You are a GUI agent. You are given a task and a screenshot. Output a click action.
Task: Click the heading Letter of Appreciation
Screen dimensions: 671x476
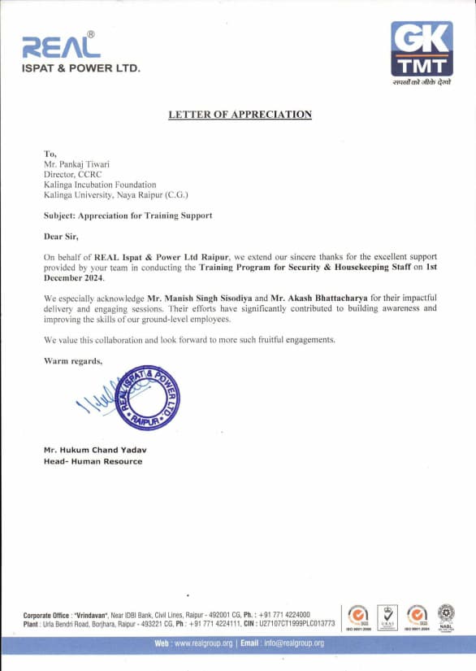pyautogui.click(x=240, y=115)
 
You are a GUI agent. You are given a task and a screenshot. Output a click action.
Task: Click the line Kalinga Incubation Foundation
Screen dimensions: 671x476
pyautogui.click(x=99, y=185)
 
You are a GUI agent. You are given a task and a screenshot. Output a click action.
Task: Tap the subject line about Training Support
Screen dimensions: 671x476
pyautogui.click(x=128, y=216)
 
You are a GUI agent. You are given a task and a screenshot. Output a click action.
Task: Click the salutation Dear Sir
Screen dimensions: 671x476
pyautogui.click(x=61, y=236)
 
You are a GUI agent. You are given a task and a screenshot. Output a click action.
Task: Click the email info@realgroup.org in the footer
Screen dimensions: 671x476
pyautogui.click(x=293, y=643)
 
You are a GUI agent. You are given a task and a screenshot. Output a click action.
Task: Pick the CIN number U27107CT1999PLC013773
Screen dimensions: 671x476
pyautogui.click(x=296, y=624)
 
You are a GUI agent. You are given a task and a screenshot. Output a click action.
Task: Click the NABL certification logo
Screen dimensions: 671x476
pyautogui.click(x=446, y=615)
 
